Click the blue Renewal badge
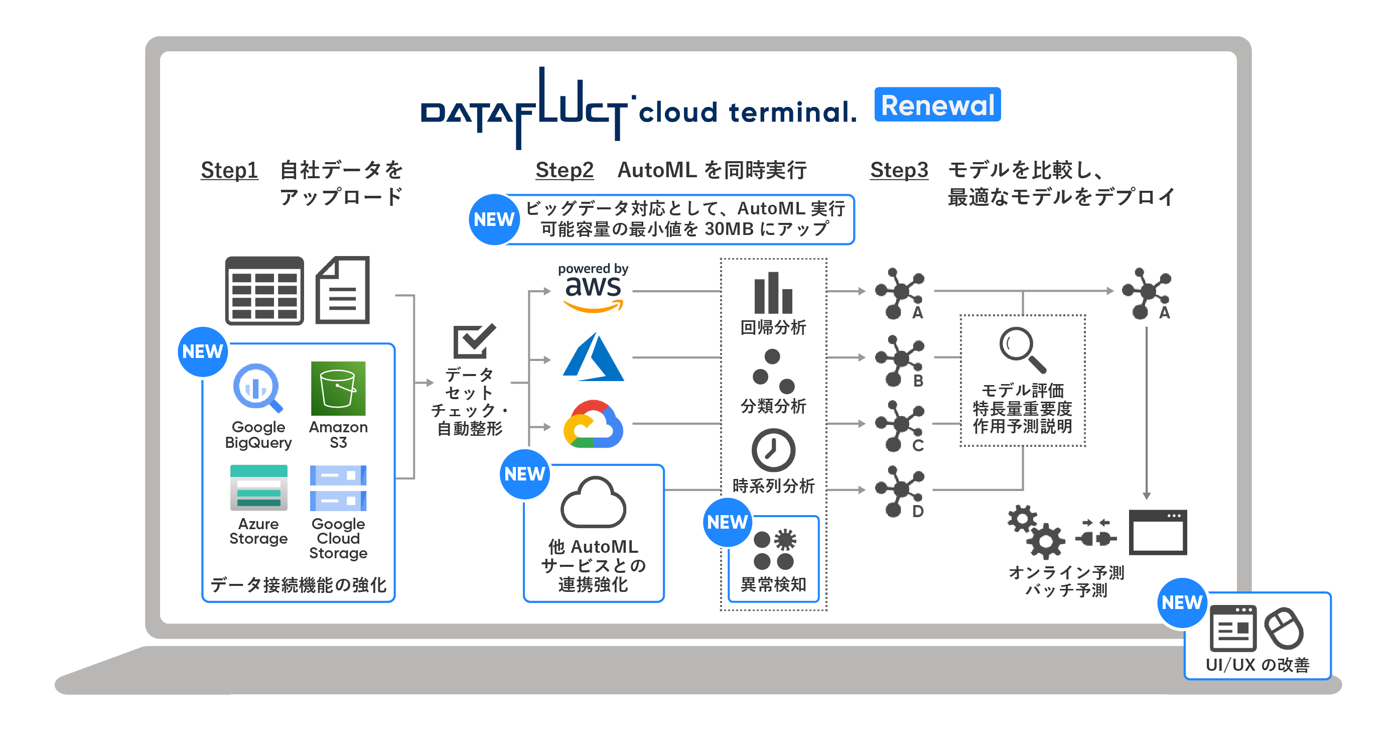coord(937,104)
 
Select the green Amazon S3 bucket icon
coord(338,389)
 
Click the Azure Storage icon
coord(258,487)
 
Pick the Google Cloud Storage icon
coord(338,488)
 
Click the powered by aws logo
coord(593,288)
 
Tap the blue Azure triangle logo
coord(593,357)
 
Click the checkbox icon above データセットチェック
coord(473,341)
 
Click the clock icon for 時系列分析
coord(773,450)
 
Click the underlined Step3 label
coord(898,170)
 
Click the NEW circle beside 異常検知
coord(727,522)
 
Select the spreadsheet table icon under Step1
coord(264,291)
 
